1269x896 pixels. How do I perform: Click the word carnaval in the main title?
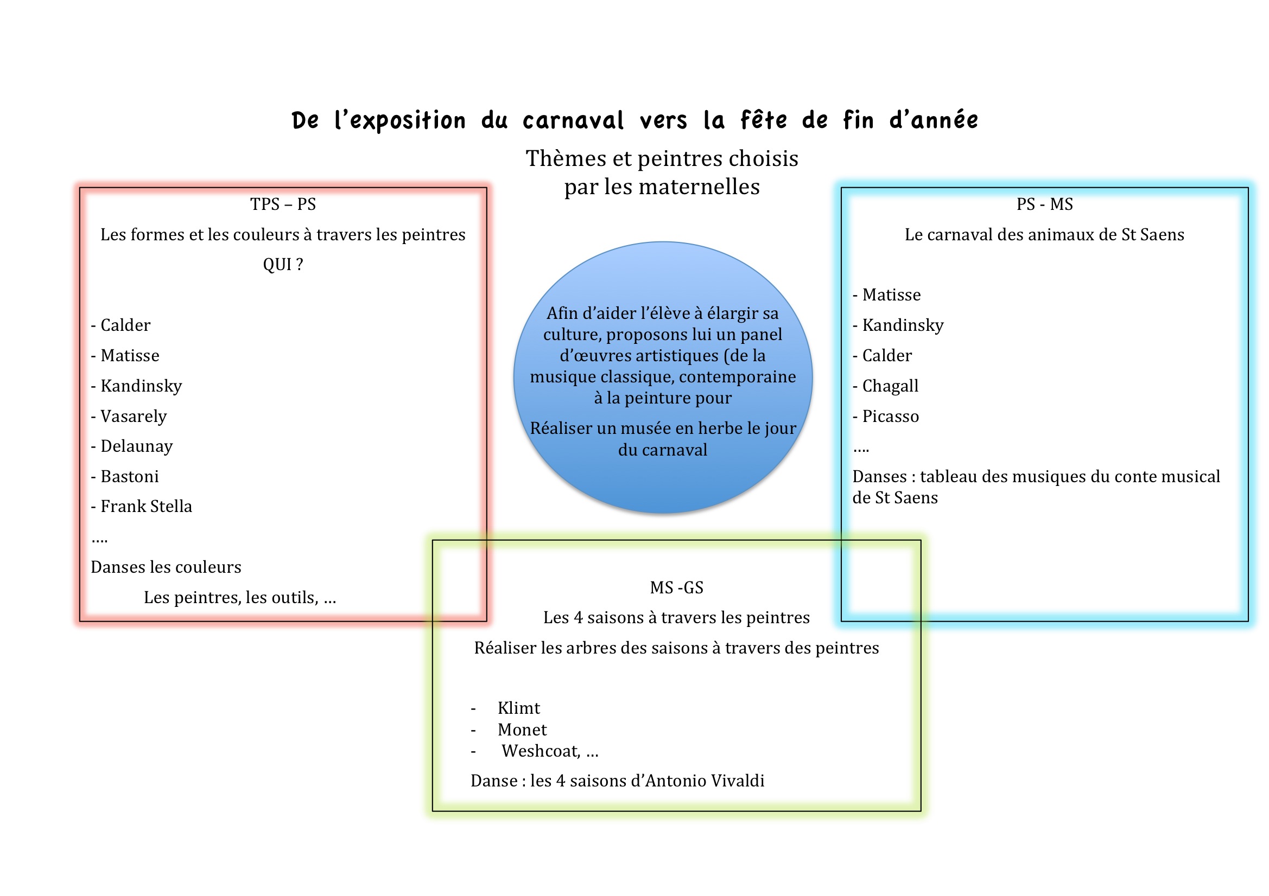pos(573,120)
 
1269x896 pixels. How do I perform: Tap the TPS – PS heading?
pos(283,204)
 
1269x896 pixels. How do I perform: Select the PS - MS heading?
pos(1045,204)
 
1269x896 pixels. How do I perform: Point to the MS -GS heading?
pos(676,587)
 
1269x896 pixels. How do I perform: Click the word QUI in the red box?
pos(276,265)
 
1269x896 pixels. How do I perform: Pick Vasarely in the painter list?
pos(133,417)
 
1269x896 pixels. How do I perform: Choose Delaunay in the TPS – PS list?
pos(137,446)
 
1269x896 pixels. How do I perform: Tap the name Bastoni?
pos(129,477)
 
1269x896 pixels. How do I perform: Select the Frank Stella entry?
pos(147,507)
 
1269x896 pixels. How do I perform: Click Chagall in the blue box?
pos(890,386)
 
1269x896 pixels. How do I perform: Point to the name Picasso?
pos(890,417)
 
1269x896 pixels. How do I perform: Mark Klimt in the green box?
pos(518,708)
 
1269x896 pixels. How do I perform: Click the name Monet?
pos(522,729)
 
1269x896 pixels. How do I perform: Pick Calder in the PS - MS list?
pos(886,356)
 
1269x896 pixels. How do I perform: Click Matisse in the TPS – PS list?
pos(130,356)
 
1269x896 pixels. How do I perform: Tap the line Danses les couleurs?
pos(166,567)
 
